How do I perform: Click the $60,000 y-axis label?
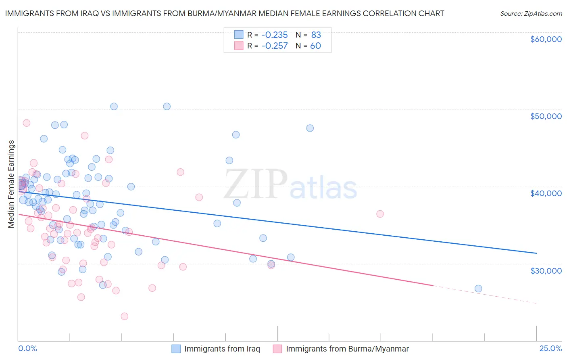point(546,39)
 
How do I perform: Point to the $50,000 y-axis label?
point(546,116)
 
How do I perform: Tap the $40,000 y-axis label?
point(546,193)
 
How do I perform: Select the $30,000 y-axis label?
point(546,270)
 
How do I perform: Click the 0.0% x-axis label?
point(27,348)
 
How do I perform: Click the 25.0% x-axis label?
point(550,348)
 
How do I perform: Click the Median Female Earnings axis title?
point(11,184)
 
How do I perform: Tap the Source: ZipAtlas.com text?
point(531,13)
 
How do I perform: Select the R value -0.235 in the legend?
point(274,35)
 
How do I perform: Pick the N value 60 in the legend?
point(315,46)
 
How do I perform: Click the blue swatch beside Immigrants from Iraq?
point(176,349)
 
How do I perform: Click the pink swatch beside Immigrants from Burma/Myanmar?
point(277,349)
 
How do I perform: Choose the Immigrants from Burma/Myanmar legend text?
point(347,349)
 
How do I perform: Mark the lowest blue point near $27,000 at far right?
point(478,289)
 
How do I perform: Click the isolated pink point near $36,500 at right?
point(380,214)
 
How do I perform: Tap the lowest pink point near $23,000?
point(125,316)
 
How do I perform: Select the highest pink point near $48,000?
point(27,123)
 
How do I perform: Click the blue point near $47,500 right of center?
point(310,128)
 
